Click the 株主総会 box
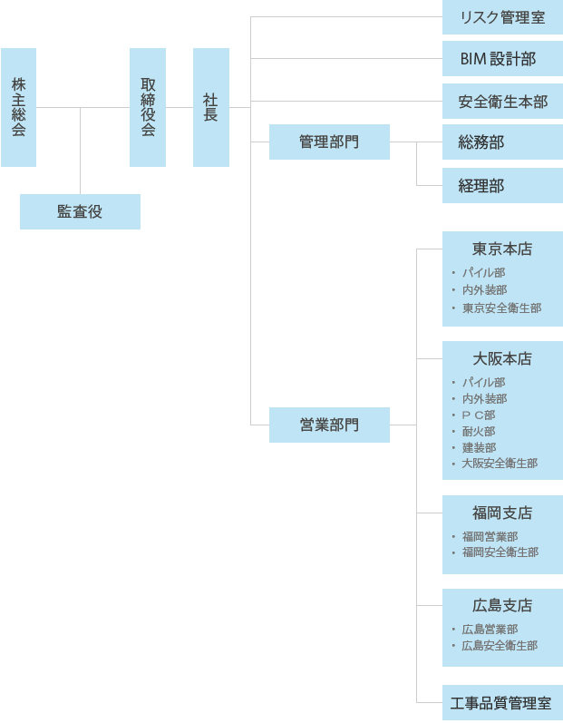tap(18, 107)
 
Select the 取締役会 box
tap(148, 107)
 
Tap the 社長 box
tap(211, 107)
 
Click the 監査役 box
tap(80, 211)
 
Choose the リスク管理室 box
tap(502, 17)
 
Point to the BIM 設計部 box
tap(502, 59)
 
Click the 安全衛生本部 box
tap(502, 101)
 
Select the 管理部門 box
tap(329, 142)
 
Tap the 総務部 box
tap(502, 142)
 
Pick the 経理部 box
tap(502, 185)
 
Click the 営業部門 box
tap(329, 425)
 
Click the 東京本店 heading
tap(502, 249)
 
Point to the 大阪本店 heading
tap(502, 358)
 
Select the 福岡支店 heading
tap(502, 513)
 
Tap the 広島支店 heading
tap(502, 605)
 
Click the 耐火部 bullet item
tap(479, 431)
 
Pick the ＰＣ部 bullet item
tap(479, 415)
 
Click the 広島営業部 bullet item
tap(490, 630)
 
